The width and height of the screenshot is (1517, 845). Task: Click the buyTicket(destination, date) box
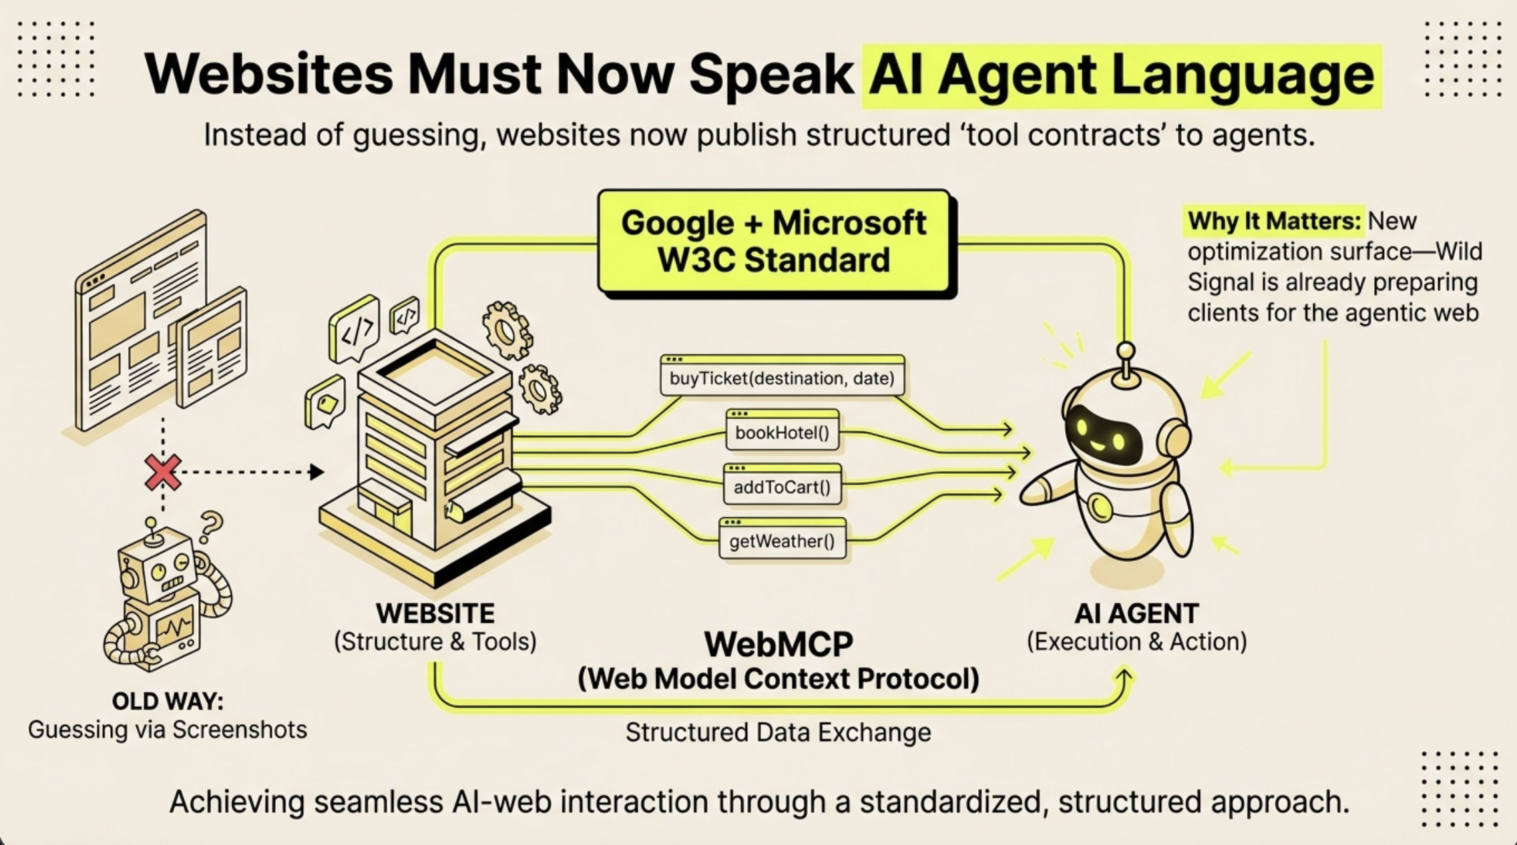[782, 378]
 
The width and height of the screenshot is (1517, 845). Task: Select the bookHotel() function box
[782, 433]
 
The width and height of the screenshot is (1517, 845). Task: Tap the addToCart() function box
[782, 487]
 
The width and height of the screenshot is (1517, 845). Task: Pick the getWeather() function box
[782, 541]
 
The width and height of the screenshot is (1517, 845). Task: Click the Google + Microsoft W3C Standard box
[774, 242]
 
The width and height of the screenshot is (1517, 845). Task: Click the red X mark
[162, 473]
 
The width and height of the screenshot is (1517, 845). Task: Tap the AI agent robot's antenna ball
[1126, 351]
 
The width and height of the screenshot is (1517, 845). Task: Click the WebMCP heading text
[779, 644]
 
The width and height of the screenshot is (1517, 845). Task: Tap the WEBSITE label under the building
[435, 613]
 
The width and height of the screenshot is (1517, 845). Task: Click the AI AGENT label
[1136, 613]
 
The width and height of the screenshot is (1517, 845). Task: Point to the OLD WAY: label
[168, 701]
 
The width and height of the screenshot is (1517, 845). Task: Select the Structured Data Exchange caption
[778, 733]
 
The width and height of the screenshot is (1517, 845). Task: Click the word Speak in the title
[771, 74]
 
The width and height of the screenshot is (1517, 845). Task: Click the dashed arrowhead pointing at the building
[317, 473]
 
